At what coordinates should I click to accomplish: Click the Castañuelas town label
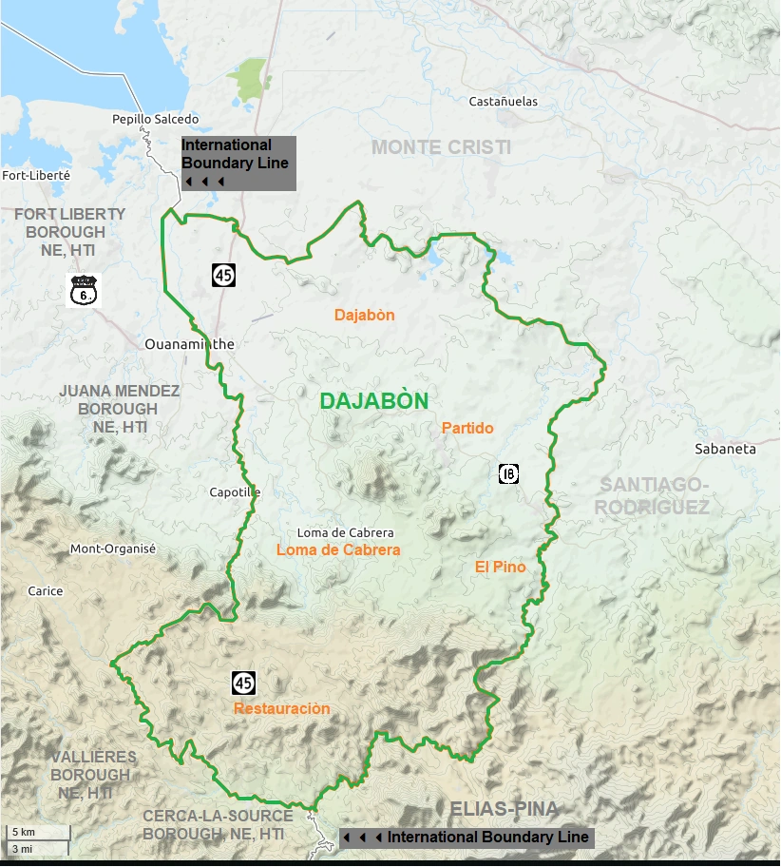coord(504,101)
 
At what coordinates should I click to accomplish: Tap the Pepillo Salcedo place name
coord(156,119)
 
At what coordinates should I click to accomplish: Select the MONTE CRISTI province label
coord(441,147)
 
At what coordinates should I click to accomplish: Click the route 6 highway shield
coord(85,290)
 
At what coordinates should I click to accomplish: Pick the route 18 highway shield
coord(508,473)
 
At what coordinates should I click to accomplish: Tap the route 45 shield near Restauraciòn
coord(243,683)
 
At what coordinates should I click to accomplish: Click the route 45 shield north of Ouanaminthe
coord(223,276)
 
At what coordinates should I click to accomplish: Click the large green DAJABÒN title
coord(374,401)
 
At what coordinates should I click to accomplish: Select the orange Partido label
coord(467,429)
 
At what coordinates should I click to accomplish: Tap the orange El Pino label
coord(500,568)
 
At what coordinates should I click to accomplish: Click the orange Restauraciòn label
coord(282,709)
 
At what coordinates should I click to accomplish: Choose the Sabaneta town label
coord(725,449)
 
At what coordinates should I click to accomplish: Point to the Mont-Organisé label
coord(113,549)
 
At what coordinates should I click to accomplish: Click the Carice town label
coord(46,590)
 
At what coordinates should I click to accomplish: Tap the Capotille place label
coord(235,492)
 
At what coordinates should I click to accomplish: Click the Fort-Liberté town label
coord(36,175)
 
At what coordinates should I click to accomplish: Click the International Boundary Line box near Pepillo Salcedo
coord(238,163)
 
